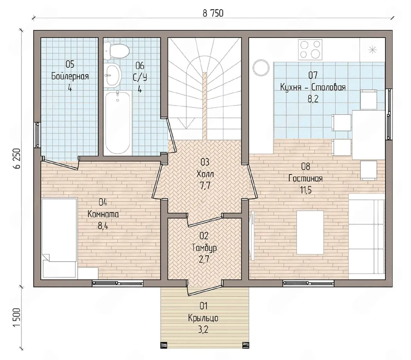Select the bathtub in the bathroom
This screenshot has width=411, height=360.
[x=118, y=123]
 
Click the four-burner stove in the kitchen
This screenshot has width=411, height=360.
[x=310, y=50]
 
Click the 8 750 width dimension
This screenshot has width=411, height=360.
[x=213, y=14]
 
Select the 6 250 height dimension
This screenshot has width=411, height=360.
[x=17, y=159]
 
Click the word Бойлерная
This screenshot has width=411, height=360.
[x=70, y=76]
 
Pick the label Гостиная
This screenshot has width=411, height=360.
[x=306, y=178]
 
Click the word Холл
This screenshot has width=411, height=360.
[x=205, y=174]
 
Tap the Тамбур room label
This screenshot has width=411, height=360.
[x=204, y=248]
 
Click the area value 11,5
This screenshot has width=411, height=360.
[x=306, y=190]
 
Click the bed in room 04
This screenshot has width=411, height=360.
[x=59, y=239]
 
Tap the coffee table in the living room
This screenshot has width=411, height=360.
[x=310, y=232]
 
